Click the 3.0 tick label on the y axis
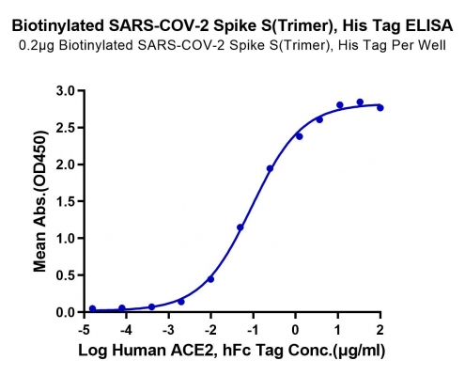click(66, 91)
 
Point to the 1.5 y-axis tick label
click(66, 201)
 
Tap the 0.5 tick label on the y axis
click(66, 275)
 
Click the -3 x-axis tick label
click(168, 330)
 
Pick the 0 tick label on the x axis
click(295, 330)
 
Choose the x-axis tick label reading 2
click(380, 330)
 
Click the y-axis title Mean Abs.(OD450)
click(40, 201)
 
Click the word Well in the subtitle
click(434, 45)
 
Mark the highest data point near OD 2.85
click(360, 102)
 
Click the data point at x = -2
click(210, 279)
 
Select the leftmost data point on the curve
click(92, 308)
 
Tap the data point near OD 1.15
click(240, 227)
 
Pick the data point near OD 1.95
click(270, 168)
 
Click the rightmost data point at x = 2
click(380, 108)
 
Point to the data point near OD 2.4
click(300, 136)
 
